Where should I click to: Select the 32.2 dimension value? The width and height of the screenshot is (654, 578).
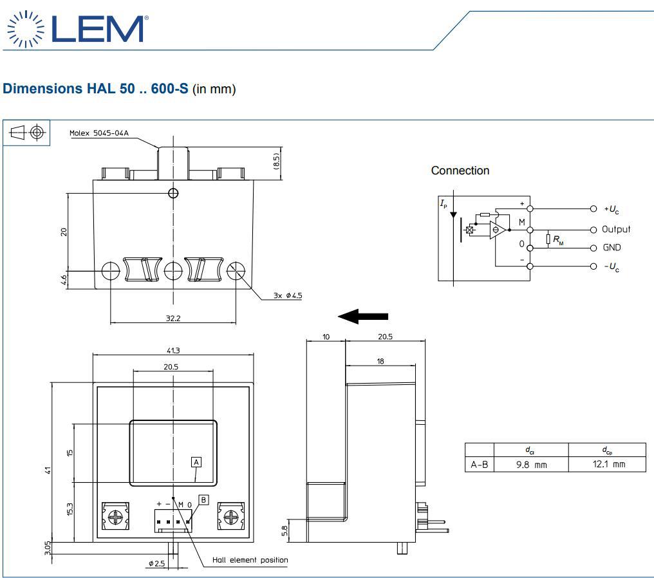(x=172, y=318)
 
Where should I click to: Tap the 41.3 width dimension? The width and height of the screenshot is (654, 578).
(x=173, y=351)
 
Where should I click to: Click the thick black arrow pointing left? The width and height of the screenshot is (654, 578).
(x=363, y=316)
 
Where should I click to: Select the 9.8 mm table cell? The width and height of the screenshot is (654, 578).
(x=531, y=464)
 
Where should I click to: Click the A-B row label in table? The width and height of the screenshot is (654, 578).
(x=479, y=464)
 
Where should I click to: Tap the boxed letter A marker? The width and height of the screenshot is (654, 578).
(x=196, y=461)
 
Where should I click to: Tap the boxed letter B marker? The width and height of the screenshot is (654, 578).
(x=203, y=499)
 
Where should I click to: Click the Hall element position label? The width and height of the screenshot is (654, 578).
(x=250, y=560)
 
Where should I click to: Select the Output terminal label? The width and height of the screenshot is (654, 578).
(x=616, y=229)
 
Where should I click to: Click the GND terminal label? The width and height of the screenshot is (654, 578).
(x=612, y=248)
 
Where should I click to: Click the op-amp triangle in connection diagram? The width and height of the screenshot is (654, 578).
(x=497, y=230)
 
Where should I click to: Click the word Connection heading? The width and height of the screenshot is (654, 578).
(x=460, y=171)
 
